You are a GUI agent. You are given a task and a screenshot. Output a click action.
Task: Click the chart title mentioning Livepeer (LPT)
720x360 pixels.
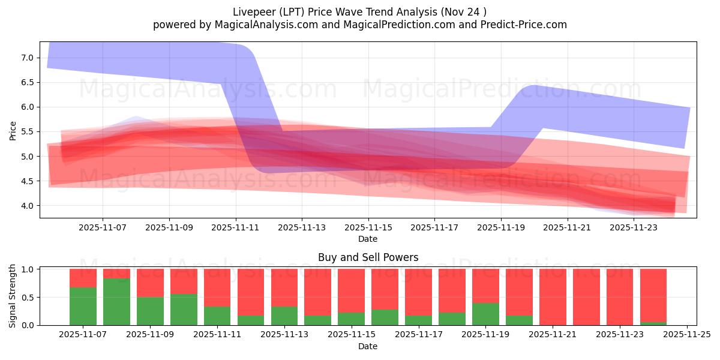point(359,11)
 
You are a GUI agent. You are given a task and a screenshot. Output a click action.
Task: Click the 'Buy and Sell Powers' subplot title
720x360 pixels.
point(368,257)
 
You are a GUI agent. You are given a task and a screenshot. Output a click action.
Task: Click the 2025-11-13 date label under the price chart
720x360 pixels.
point(302,227)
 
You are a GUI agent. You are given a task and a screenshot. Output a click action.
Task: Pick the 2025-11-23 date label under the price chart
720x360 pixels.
point(634,227)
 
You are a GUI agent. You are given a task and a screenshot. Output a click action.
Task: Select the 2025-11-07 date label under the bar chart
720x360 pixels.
point(83,335)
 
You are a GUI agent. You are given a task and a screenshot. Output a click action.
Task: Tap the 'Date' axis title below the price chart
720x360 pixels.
point(368,239)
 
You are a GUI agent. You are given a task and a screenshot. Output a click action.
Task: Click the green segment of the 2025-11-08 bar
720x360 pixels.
point(116,302)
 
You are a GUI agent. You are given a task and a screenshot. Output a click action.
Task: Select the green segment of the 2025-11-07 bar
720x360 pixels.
point(83,306)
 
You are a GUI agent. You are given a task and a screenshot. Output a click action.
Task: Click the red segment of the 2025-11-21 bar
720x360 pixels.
point(553,297)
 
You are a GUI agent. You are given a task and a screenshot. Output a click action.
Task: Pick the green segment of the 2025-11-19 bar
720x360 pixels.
point(485,314)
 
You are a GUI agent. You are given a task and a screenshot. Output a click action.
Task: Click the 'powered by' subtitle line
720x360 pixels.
point(359,25)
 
